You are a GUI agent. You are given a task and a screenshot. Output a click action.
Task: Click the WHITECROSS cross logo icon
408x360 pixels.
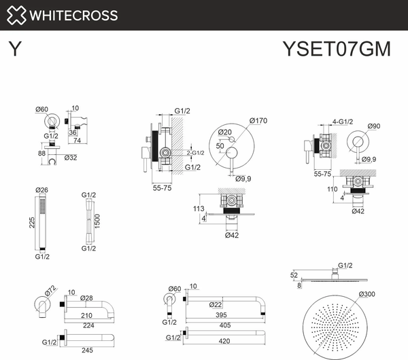pos(16,15)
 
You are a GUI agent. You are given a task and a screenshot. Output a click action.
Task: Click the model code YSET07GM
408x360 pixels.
pos(337,49)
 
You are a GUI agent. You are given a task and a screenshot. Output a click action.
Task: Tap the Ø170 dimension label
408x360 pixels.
pos(258,121)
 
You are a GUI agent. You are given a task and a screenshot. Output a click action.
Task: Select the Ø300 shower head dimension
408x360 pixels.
pos(367,294)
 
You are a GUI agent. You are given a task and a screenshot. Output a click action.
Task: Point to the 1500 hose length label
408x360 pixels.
pos(97,221)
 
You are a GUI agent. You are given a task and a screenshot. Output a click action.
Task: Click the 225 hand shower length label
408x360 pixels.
pos(32,223)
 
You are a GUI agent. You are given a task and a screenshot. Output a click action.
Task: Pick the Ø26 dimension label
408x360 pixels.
pos(41,190)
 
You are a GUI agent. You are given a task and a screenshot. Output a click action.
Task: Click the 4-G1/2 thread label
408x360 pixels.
pos(343,122)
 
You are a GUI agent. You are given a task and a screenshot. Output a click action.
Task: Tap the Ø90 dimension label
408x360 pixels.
pos(374,126)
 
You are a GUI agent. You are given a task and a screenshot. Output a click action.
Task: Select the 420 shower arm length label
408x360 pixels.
pos(224,341)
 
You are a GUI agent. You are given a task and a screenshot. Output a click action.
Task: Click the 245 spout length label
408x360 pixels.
pos(87,350)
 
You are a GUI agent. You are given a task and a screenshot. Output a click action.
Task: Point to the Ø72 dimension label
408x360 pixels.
pos(50,290)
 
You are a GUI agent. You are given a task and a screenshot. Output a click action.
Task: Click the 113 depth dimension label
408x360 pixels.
pos(199,209)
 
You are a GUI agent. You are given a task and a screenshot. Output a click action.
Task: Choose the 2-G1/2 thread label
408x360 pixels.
pos(195,153)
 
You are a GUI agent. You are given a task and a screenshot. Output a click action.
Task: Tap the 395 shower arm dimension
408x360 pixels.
pos(222,315)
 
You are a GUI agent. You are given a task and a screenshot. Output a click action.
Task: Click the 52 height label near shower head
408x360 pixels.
pos(294,275)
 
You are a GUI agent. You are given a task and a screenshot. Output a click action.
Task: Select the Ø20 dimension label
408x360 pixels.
pos(225,132)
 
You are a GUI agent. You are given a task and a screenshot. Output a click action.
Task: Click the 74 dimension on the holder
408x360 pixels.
pos(78,141)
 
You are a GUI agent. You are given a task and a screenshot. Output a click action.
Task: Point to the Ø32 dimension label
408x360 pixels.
pos(71,158)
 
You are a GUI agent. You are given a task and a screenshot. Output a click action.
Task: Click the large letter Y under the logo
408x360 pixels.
pos(15,49)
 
